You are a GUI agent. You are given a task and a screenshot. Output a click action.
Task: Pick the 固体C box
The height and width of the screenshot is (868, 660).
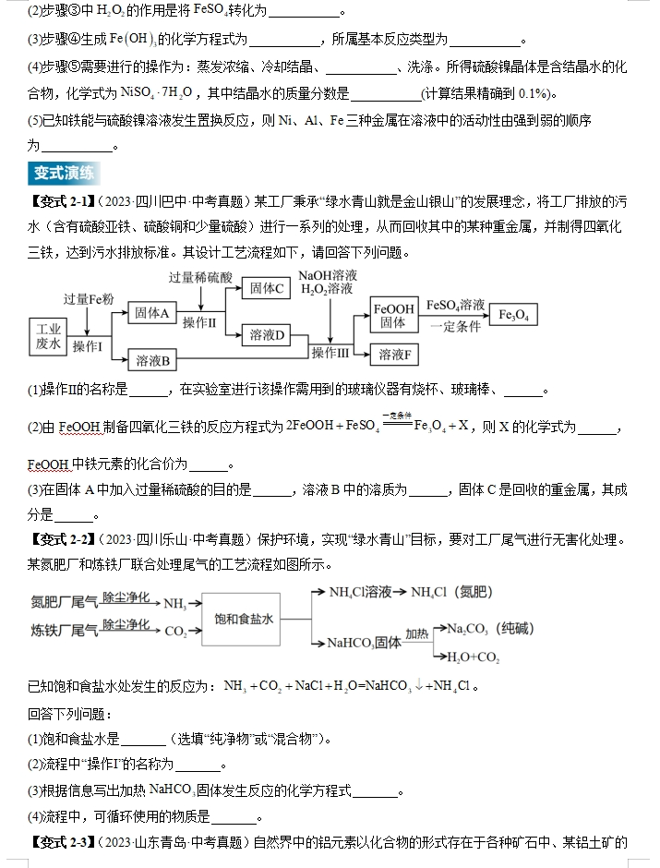[x=268, y=289]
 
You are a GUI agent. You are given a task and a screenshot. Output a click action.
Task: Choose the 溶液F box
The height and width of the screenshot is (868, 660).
[x=393, y=355]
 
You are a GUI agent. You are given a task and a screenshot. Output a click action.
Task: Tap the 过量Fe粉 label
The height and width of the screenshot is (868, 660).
[x=88, y=298]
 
